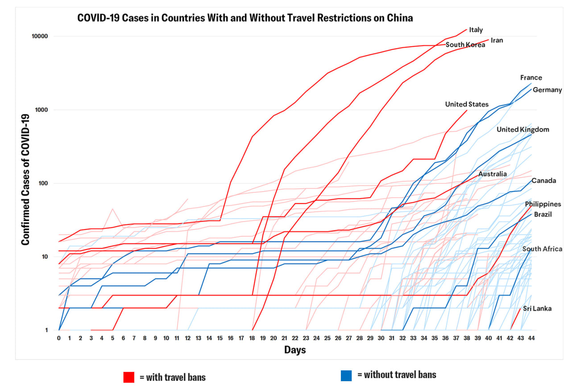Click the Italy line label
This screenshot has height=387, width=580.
[x=476, y=30]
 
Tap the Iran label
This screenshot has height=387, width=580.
[x=497, y=40]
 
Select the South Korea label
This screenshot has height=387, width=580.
[x=465, y=45]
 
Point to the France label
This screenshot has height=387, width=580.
[x=531, y=78]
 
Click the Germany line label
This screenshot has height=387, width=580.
[x=547, y=90]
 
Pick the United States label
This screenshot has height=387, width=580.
[x=467, y=104]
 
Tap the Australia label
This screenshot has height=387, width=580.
[x=493, y=174]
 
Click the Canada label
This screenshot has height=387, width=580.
[x=543, y=181]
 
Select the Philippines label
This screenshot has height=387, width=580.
[x=543, y=204]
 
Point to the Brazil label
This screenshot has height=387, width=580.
[x=543, y=214]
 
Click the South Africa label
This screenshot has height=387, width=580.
[x=542, y=249]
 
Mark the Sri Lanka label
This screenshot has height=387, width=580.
[x=537, y=308]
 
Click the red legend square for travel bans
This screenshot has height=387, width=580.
[x=129, y=377]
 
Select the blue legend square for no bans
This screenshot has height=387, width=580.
[x=346, y=375]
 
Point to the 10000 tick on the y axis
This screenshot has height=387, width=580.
[x=45, y=36]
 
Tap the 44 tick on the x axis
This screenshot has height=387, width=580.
[x=530, y=338]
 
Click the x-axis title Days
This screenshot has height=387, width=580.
[x=295, y=350]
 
